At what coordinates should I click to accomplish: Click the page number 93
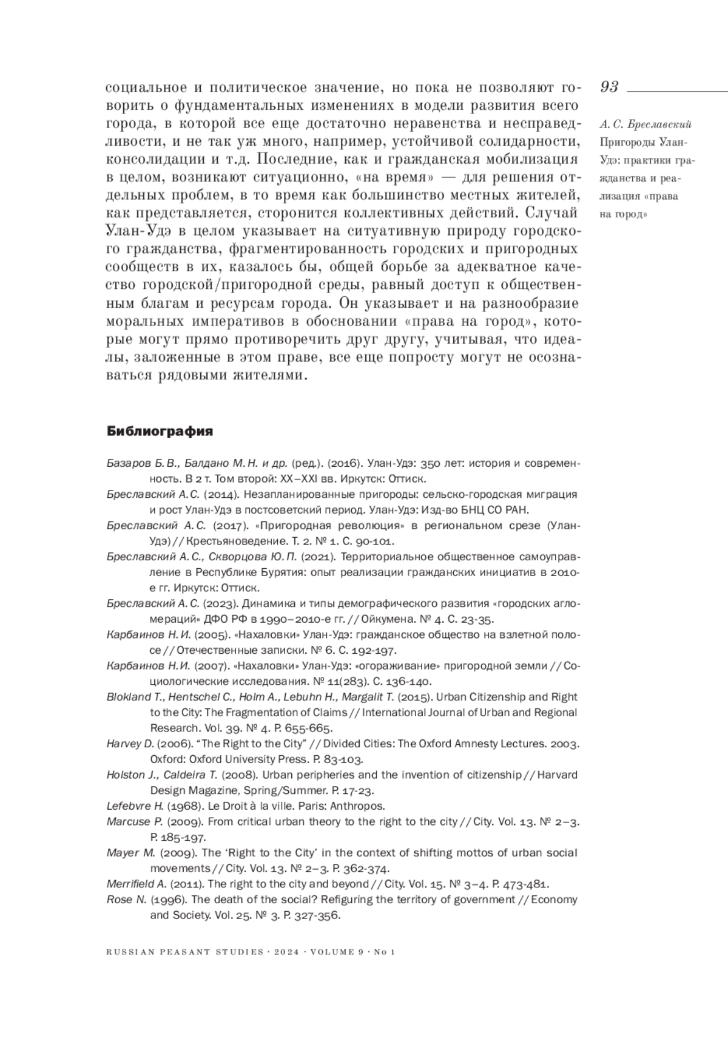pyautogui.click(x=609, y=87)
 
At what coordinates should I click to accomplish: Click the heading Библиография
pyautogui.click(x=160, y=432)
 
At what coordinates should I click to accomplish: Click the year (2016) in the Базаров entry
pyautogui.click(x=327, y=463)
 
